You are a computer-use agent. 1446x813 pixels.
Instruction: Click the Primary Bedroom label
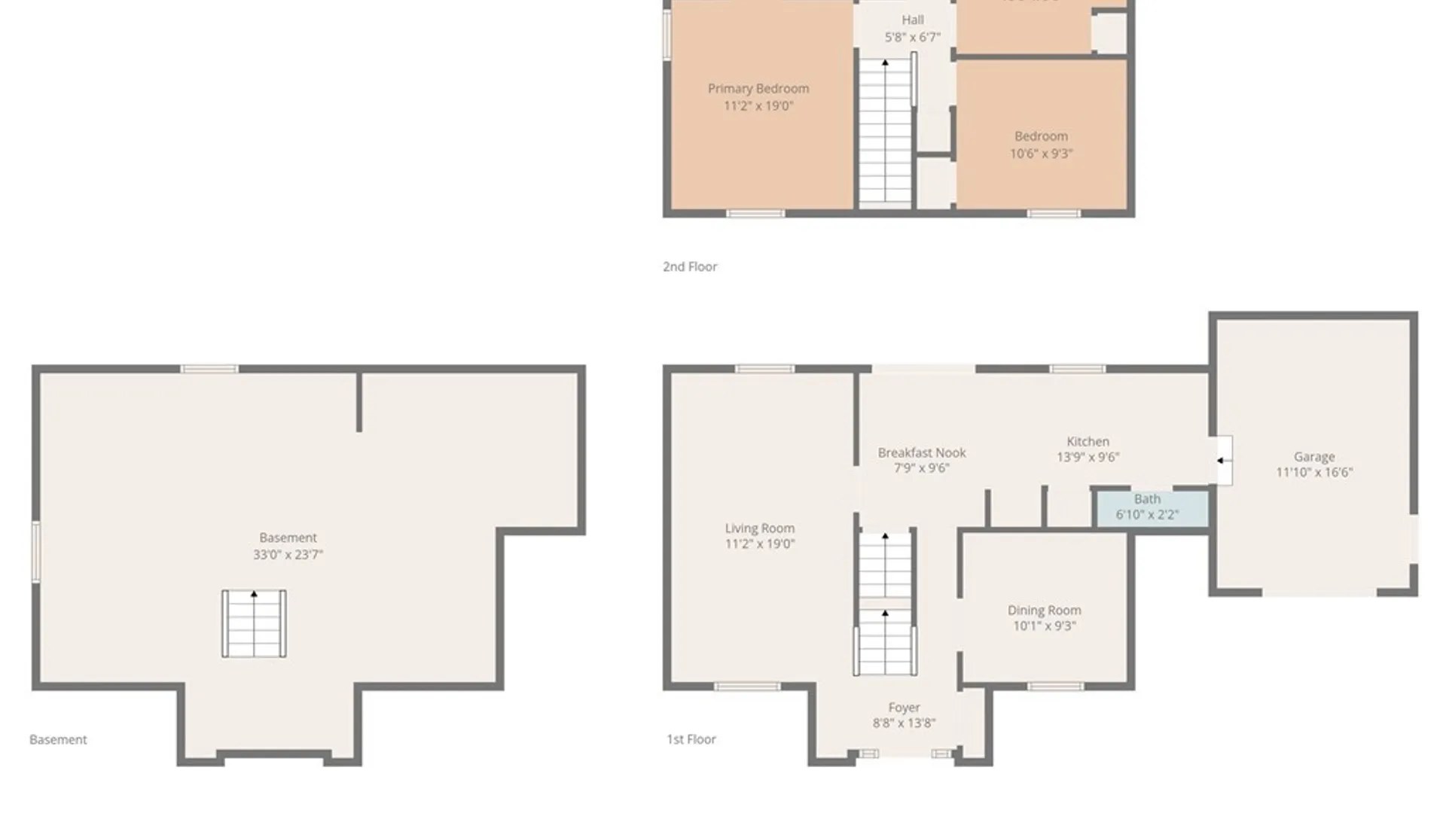click(758, 89)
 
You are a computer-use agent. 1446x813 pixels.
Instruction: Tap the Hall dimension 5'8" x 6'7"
click(912, 37)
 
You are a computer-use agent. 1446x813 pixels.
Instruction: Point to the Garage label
click(1314, 457)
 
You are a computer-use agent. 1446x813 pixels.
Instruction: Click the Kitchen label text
click(1088, 442)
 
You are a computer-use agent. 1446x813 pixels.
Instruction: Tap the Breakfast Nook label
click(921, 452)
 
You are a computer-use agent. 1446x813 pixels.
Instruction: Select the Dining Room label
click(1044, 611)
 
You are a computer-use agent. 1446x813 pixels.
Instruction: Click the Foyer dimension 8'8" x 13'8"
click(904, 723)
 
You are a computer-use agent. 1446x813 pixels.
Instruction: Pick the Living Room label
click(759, 528)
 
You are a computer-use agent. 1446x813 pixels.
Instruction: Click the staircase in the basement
click(254, 624)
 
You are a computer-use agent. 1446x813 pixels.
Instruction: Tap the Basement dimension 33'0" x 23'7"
click(288, 555)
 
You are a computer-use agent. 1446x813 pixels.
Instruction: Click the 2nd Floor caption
click(690, 266)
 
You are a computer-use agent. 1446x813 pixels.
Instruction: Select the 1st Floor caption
click(691, 739)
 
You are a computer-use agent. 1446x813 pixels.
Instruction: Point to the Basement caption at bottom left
click(58, 740)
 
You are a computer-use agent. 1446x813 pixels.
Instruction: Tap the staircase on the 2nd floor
click(886, 132)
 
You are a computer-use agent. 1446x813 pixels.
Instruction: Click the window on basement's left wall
click(35, 552)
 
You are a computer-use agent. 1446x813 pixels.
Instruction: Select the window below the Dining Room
click(1055, 687)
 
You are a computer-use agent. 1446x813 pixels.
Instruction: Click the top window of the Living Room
click(764, 369)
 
